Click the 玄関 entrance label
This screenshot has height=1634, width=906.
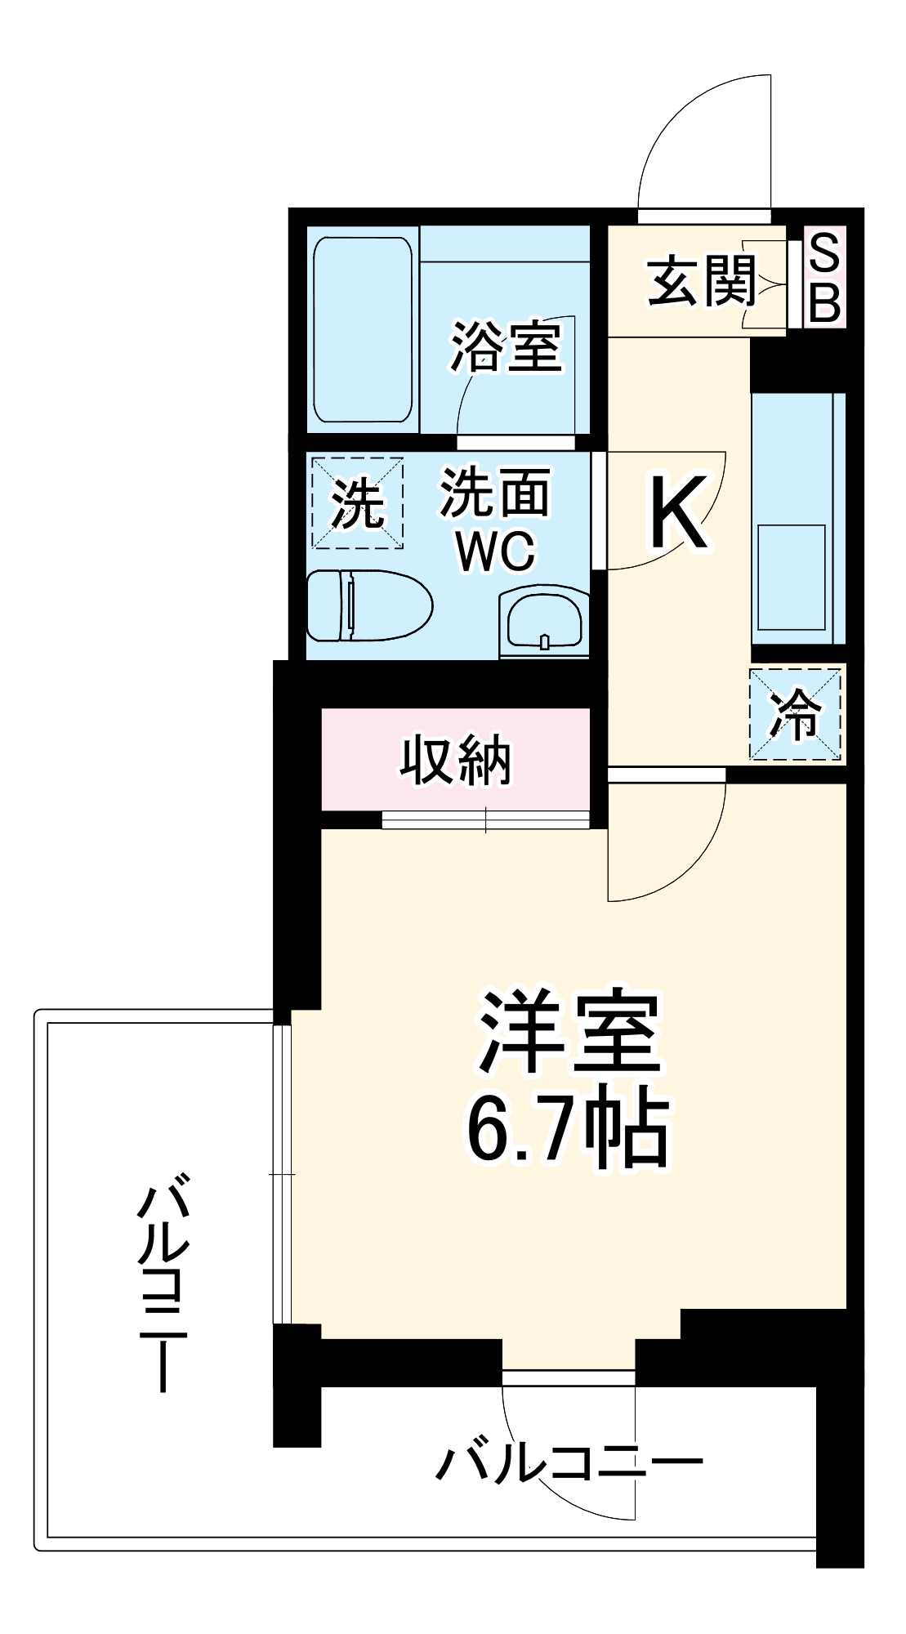pos(702,283)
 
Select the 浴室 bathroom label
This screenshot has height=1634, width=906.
pos(507,346)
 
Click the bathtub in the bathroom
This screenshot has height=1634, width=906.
pos(363,329)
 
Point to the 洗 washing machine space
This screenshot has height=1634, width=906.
pos(357,503)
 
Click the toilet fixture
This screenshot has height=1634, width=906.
pos(368,605)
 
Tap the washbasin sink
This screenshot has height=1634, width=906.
pos(544,622)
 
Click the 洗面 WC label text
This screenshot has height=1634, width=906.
pos(495,520)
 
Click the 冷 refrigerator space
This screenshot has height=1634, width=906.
pos(795,714)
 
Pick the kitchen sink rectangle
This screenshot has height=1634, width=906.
pos(791,577)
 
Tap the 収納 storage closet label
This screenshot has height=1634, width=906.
pos(455,761)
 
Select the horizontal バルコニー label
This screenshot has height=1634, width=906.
pos(569,1462)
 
